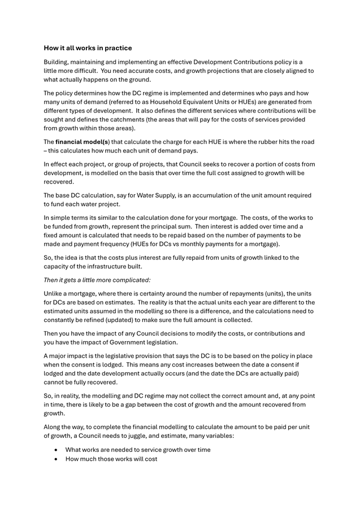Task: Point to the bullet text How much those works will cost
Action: click(111, 459)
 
